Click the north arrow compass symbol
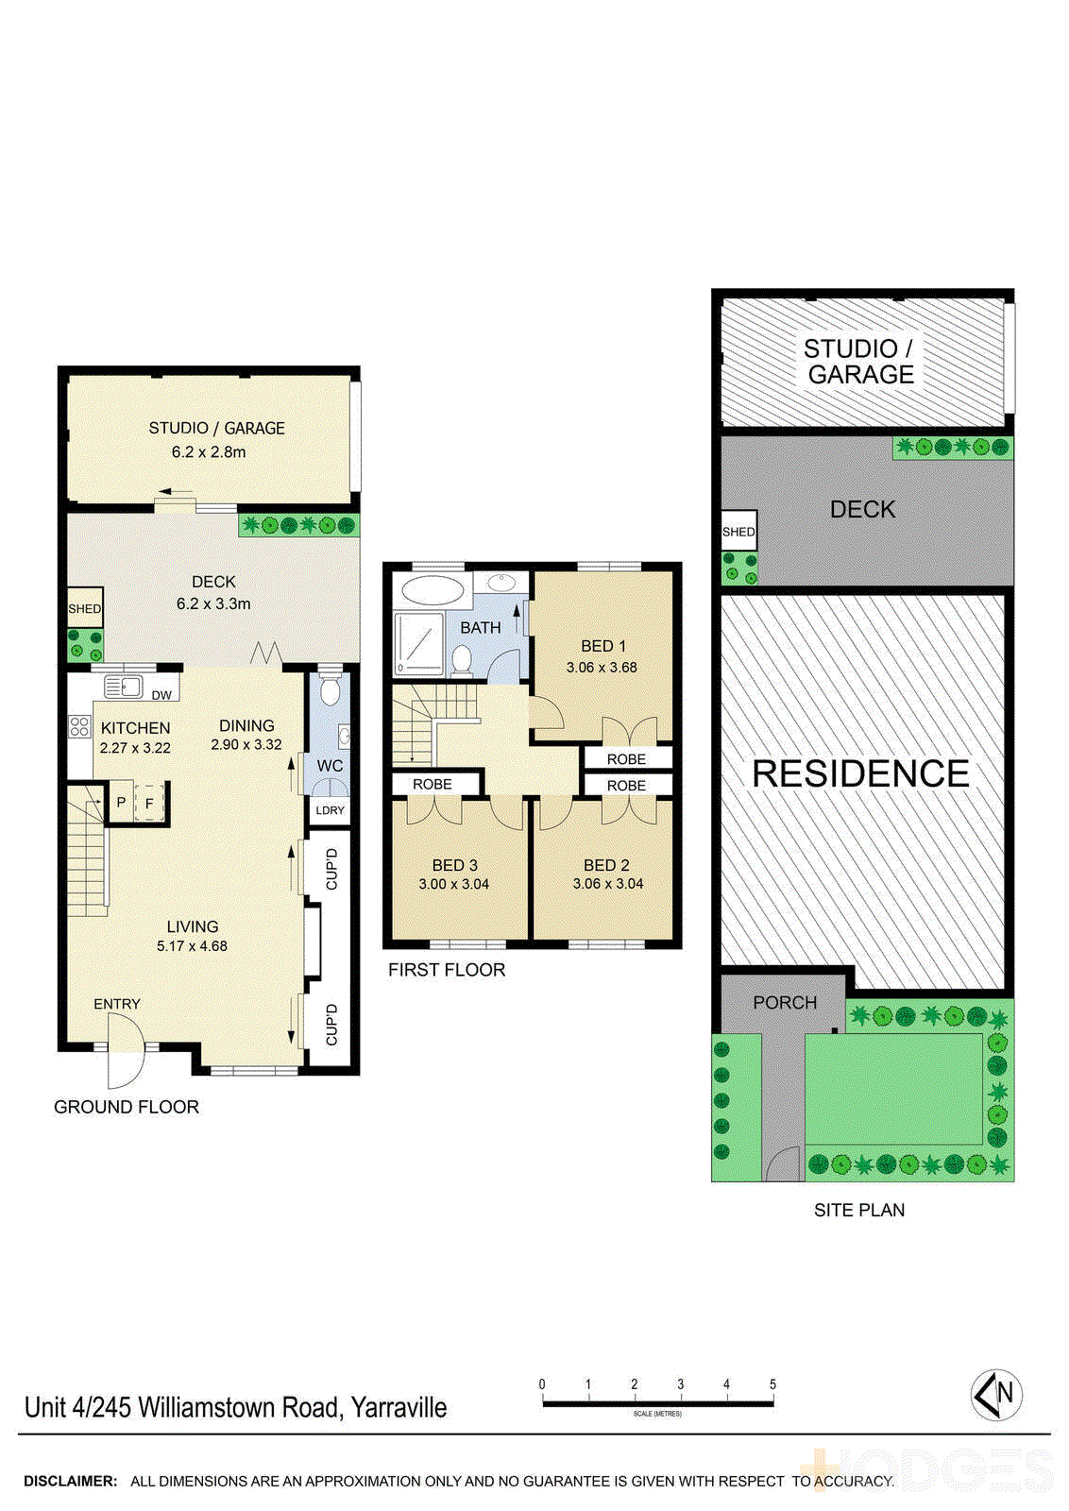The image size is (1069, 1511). click(x=996, y=1394)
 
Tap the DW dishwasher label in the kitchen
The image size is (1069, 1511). click(x=161, y=695)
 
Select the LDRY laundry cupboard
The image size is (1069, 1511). click(x=330, y=810)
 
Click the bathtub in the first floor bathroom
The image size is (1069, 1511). click(x=433, y=590)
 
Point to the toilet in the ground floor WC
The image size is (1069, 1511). click(x=330, y=692)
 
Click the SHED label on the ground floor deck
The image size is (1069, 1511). click(x=84, y=609)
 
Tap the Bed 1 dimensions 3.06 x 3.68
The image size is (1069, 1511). click(x=602, y=667)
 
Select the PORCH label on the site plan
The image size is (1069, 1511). click(x=785, y=1002)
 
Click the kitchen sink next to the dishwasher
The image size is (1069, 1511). click(x=123, y=687)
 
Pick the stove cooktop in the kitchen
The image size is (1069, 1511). click(x=79, y=727)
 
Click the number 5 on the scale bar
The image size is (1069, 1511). click(x=772, y=1384)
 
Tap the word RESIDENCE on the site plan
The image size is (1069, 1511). click(x=860, y=773)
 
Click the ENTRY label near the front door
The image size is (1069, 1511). click(x=117, y=1004)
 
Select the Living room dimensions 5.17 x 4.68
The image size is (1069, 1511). click(x=192, y=945)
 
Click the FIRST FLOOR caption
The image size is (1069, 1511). click(x=447, y=970)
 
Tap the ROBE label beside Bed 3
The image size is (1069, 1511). click(x=433, y=784)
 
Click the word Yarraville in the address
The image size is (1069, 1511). click(x=399, y=1407)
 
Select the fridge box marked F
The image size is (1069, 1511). click(x=149, y=804)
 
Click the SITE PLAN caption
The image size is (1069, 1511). click(x=859, y=1210)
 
